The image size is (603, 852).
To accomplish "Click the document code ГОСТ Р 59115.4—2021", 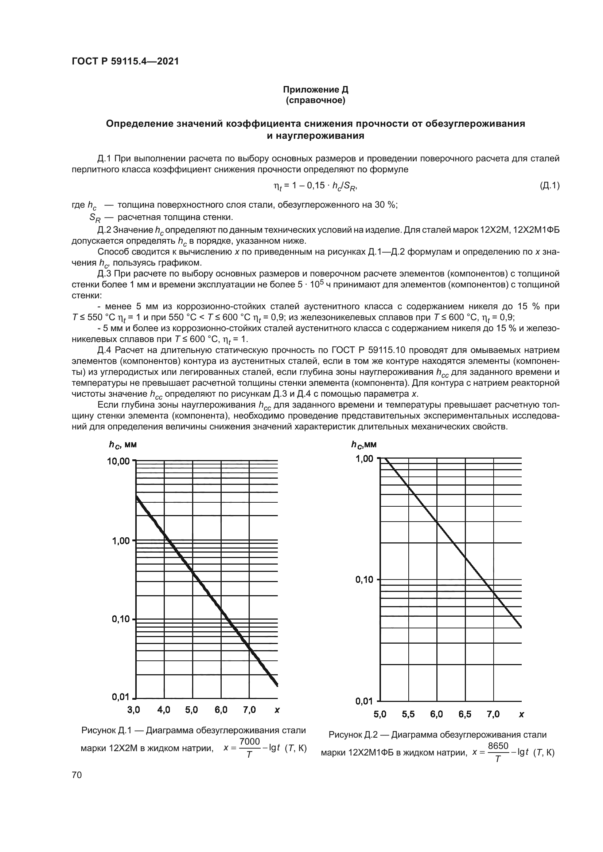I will click(x=125, y=61).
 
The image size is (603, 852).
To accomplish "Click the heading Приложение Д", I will click(x=315, y=90).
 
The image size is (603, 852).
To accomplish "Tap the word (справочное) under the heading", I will click(x=315, y=101).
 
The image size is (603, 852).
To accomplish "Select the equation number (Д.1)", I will click(x=549, y=185).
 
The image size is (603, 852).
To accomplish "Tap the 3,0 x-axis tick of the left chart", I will click(x=133, y=710).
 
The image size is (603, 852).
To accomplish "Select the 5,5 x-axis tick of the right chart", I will click(x=408, y=714).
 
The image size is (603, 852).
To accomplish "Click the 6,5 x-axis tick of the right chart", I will click(x=465, y=714).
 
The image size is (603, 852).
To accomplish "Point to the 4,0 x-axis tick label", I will click(x=163, y=710).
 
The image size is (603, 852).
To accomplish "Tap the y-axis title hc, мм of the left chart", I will click(x=124, y=444).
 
